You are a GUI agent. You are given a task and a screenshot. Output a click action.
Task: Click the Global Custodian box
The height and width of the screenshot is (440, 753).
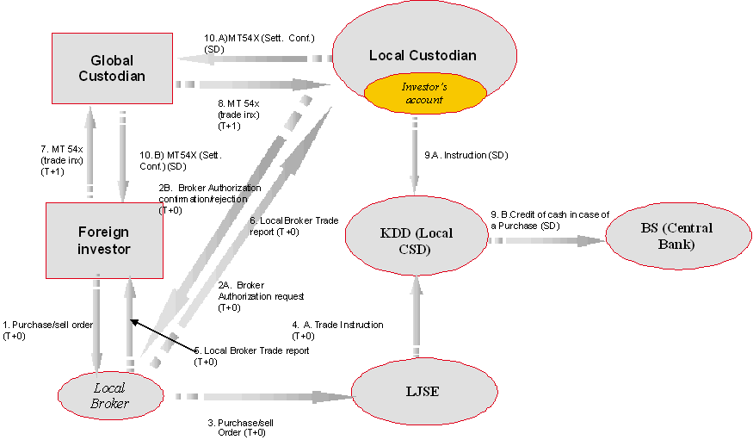112,68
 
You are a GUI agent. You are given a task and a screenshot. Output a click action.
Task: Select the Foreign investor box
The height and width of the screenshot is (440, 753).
105,240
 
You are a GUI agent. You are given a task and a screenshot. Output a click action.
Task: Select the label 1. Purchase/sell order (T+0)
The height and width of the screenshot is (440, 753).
47,330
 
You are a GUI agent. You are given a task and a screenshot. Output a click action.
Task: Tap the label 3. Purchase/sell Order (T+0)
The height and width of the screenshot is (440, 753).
241,428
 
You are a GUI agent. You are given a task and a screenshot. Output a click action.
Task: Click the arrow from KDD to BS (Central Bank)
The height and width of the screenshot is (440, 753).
542,241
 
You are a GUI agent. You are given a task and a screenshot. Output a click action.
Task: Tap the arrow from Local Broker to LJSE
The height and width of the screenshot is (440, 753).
258,397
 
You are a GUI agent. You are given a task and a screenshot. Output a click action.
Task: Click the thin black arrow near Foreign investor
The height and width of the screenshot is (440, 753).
164,336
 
